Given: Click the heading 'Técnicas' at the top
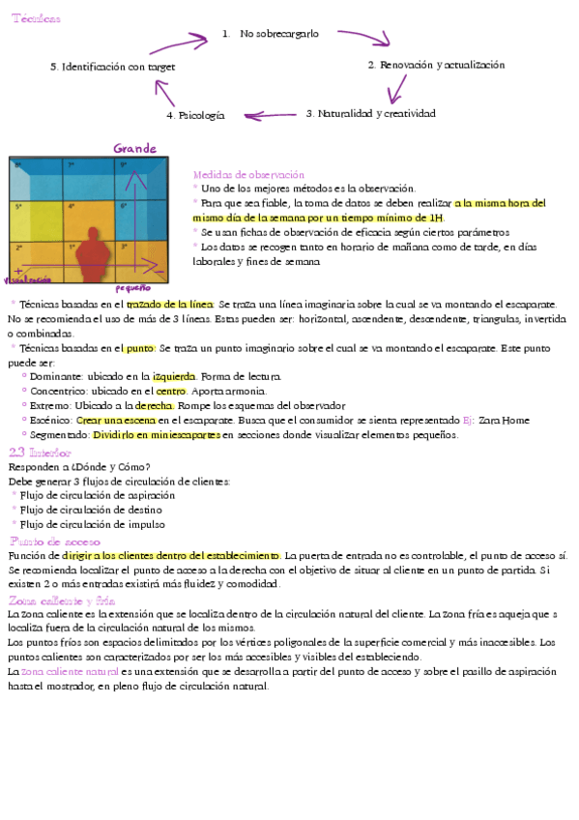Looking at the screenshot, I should [x=36, y=19].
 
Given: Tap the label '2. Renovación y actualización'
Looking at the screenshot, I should [x=436, y=65].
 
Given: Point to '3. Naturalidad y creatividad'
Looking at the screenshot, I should [x=370, y=113].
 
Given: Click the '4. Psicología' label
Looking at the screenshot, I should [x=195, y=115].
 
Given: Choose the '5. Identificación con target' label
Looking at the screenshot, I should [x=112, y=67].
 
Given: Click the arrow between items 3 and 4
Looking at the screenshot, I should [x=269, y=115].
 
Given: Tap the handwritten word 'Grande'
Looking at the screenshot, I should [x=135, y=149].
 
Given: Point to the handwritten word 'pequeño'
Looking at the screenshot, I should [x=132, y=288].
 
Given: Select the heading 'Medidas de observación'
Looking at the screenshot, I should [x=248, y=174].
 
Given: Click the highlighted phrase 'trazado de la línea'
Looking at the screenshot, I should [x=170, y=305].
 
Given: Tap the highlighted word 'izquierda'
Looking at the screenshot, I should [x=175, y=375].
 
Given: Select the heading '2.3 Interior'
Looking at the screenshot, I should [x=40, y=452].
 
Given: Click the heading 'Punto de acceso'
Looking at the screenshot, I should [x=54, y=541].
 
